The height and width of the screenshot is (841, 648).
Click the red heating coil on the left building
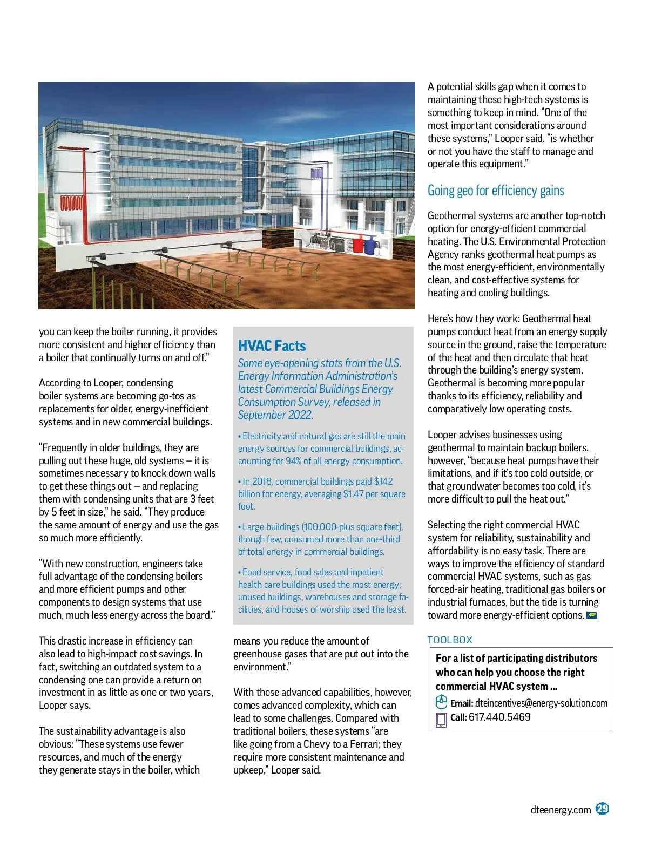[x=71, y=204]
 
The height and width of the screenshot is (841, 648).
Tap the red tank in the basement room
[x=358, y=246]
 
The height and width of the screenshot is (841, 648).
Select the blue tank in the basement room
[x=370, y=247]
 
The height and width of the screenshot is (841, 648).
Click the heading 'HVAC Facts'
[x=272, y=346]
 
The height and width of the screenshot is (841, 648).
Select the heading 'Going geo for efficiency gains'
[x=496, y=191]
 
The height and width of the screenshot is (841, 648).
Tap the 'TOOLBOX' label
[x=450, y=640]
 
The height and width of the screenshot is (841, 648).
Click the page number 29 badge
[x=602, y=809]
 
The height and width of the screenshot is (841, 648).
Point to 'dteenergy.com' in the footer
[x=561, y=810]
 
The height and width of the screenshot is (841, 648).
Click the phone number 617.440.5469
[x=500, y=717]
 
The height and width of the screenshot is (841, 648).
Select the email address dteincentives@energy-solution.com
[x=541, y=703]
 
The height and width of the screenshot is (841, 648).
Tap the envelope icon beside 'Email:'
[x=441, y=702]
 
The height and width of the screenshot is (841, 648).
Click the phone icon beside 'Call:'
[x=441, y=719]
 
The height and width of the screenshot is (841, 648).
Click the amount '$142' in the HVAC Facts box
[x=383, y=481]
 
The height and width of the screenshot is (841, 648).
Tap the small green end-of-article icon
[x=591, y=615]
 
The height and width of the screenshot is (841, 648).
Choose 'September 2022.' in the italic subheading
[x=275, y=415]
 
